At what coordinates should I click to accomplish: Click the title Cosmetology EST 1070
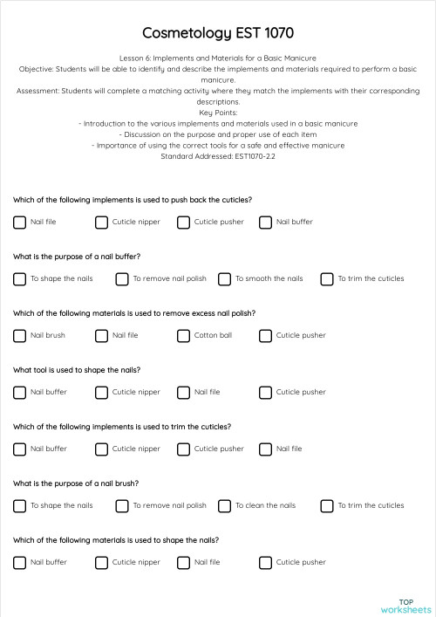217,32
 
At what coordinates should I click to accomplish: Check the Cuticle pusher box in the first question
183,223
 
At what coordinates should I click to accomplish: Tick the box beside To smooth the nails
224,279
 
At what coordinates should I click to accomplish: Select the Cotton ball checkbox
183,336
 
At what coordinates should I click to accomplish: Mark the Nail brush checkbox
19,336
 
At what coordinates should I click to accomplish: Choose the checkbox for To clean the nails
224,506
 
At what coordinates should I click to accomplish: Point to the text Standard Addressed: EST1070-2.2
217,156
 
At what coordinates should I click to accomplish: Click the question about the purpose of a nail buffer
77,257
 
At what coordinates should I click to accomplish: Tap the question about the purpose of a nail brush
76,483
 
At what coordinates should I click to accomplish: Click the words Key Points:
217,113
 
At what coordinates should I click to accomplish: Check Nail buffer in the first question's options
265,223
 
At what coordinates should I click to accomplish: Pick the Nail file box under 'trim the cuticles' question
265,449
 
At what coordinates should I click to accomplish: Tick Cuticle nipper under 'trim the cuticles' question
101,449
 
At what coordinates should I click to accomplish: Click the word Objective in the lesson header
36,68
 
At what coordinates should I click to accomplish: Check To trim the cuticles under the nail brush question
327,506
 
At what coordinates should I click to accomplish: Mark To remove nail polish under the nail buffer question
122,279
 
